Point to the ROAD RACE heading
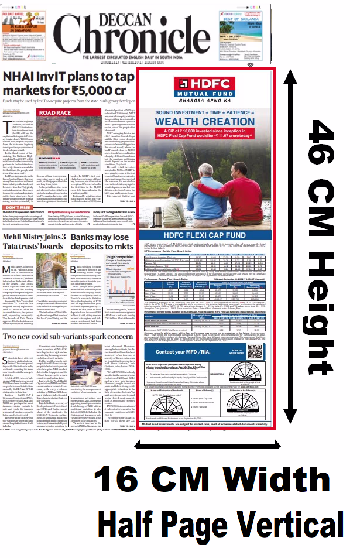point(56,112)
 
